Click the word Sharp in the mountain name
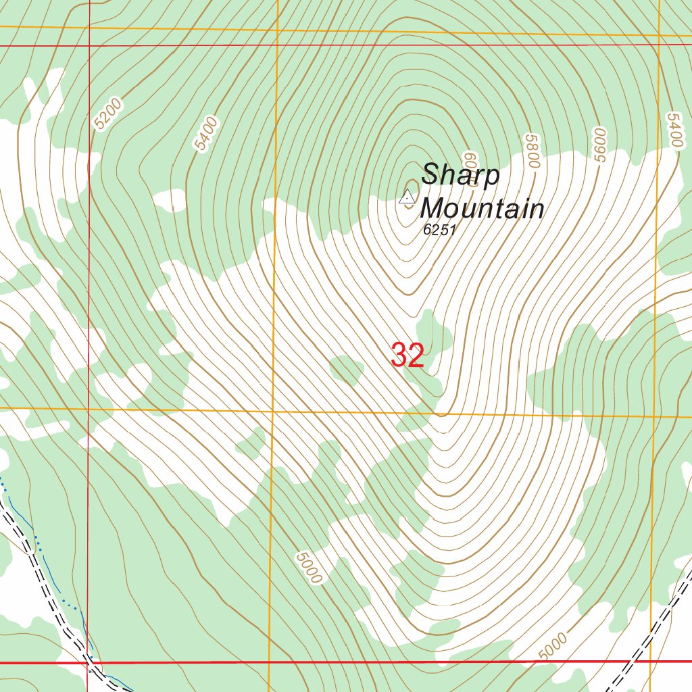(x=461, y=176)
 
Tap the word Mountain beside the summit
(x=483, y=208)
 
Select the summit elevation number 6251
(x=441, y=230)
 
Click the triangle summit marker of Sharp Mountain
(x=407, y=197)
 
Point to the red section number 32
(x=407, y=355)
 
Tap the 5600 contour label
(x=599, y=145)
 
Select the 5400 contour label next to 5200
(x=205, y=134)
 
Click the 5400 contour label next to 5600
(x=674, y=130)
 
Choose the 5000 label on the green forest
(x=308, y=568)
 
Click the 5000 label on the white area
(x=553, y=646)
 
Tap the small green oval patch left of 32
(x=346, y=370)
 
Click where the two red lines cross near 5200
(x=89, y=45)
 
